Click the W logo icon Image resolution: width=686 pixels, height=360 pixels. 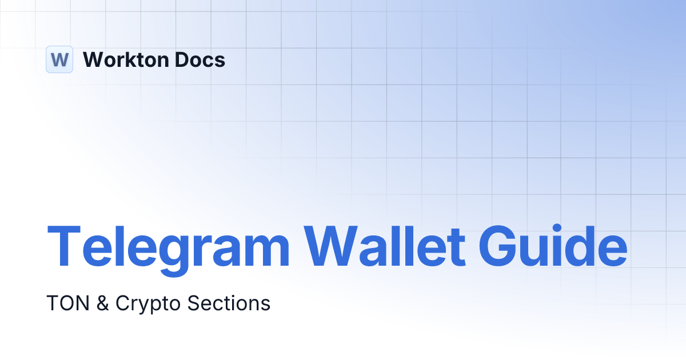click(x=59, y=59)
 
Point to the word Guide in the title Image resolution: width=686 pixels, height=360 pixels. click(x=552, y=246)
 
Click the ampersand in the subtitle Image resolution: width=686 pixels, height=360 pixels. click(x=103, y=303)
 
